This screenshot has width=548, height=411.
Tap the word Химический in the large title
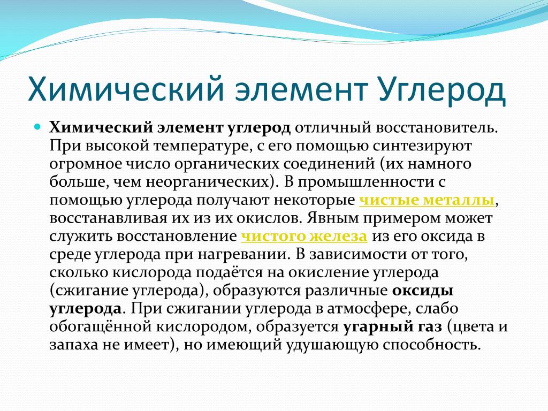pos(126,89)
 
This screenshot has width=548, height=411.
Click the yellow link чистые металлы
pos(427,200)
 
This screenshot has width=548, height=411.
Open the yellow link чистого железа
pos(304,236)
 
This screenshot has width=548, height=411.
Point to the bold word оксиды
pos(423,291)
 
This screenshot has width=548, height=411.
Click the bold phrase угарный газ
pos(392,327)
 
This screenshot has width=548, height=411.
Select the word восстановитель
pos(437,127)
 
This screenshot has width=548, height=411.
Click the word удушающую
pos(332,345)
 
